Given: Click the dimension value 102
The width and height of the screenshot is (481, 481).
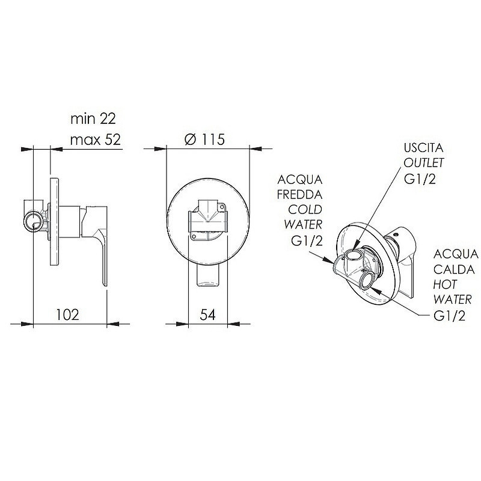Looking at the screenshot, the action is (67, 314).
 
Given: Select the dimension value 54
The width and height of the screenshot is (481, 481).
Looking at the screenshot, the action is (207, 314).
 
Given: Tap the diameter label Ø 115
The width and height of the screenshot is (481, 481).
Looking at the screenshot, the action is (204, 139).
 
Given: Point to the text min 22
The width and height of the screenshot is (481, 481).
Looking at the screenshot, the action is (93, 118).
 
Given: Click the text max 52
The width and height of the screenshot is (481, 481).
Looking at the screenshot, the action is (96, 140).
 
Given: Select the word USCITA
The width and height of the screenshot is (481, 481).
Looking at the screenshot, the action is (424, 148).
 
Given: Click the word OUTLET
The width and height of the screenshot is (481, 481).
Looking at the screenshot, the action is (424, 163).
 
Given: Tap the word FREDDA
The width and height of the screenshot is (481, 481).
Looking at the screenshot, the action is (299, 194).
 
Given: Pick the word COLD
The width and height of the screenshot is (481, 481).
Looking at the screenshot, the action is (305, 209).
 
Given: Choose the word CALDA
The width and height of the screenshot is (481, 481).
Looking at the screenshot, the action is (454, 269).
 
